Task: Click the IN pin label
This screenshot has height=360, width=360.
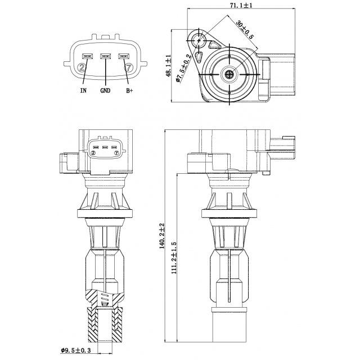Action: tap(83, 90)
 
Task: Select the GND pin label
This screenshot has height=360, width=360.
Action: tap(105, 90)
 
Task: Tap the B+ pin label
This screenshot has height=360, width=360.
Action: tap(129, 90)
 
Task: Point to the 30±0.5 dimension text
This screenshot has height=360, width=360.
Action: tap(245, 29)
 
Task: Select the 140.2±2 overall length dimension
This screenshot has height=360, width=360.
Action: tap(161, 236)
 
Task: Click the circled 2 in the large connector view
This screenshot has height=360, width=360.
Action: tap(83, 68)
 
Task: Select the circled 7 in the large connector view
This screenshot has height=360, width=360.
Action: tap(129, 68)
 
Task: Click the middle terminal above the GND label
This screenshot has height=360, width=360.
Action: tap(106, 56)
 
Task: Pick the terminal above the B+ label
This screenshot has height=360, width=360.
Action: tap(124, 56)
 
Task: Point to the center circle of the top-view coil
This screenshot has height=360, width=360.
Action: tap(229, 74)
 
